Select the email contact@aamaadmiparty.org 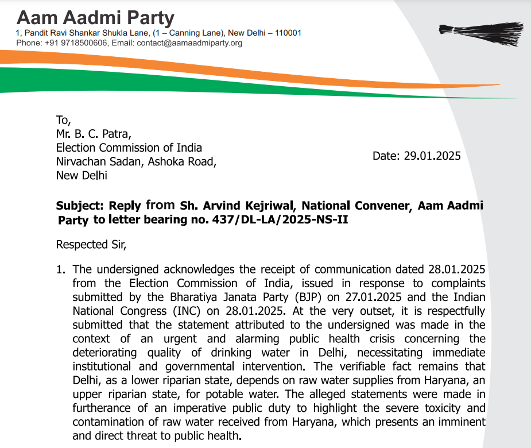189,43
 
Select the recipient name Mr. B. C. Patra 94,134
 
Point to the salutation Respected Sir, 91,245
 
